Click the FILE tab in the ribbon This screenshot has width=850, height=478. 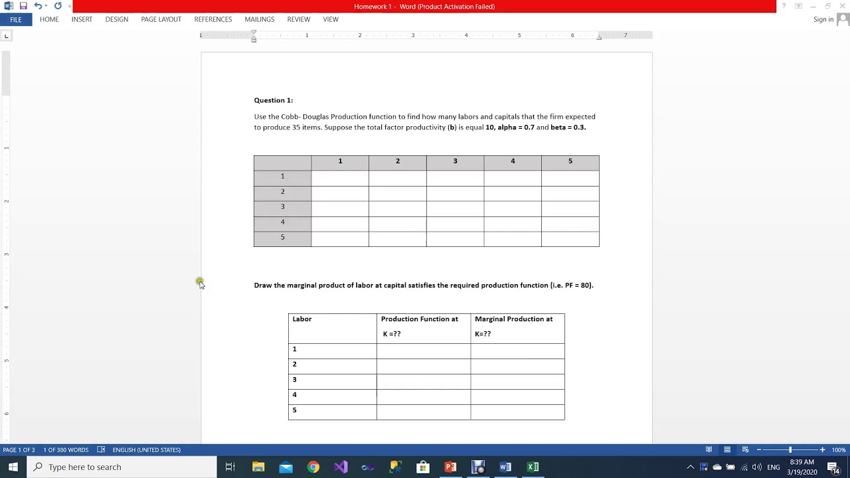(x=16, y=20)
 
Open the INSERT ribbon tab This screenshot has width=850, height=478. (x=82, y=19)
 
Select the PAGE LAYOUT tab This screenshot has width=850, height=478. (x=161, y=19)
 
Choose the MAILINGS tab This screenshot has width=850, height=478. (x=259, y=19)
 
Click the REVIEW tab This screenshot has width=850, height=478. (x=298, y=19)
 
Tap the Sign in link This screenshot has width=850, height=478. (x=823, y=19)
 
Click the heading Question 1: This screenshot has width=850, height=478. (x=273, y=100)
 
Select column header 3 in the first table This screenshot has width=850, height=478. (x=455, y=161)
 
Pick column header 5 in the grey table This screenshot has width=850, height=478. (x=570, y=161)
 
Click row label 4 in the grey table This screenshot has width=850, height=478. (x=282, y=222)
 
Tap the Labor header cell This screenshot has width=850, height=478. (x=302, y=319)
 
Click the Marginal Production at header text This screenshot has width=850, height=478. (x=513, y=319)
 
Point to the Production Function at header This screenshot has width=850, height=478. (x=419, y=319)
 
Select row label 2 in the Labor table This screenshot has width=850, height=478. (x=294, y=364)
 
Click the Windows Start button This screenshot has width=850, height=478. (x=13, y=467)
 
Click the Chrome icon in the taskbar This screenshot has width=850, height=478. (x=313, y=467)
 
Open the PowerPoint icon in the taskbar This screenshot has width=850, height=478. (x=450, y=467)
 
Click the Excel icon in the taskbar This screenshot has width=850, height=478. (x=533, y=467)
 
